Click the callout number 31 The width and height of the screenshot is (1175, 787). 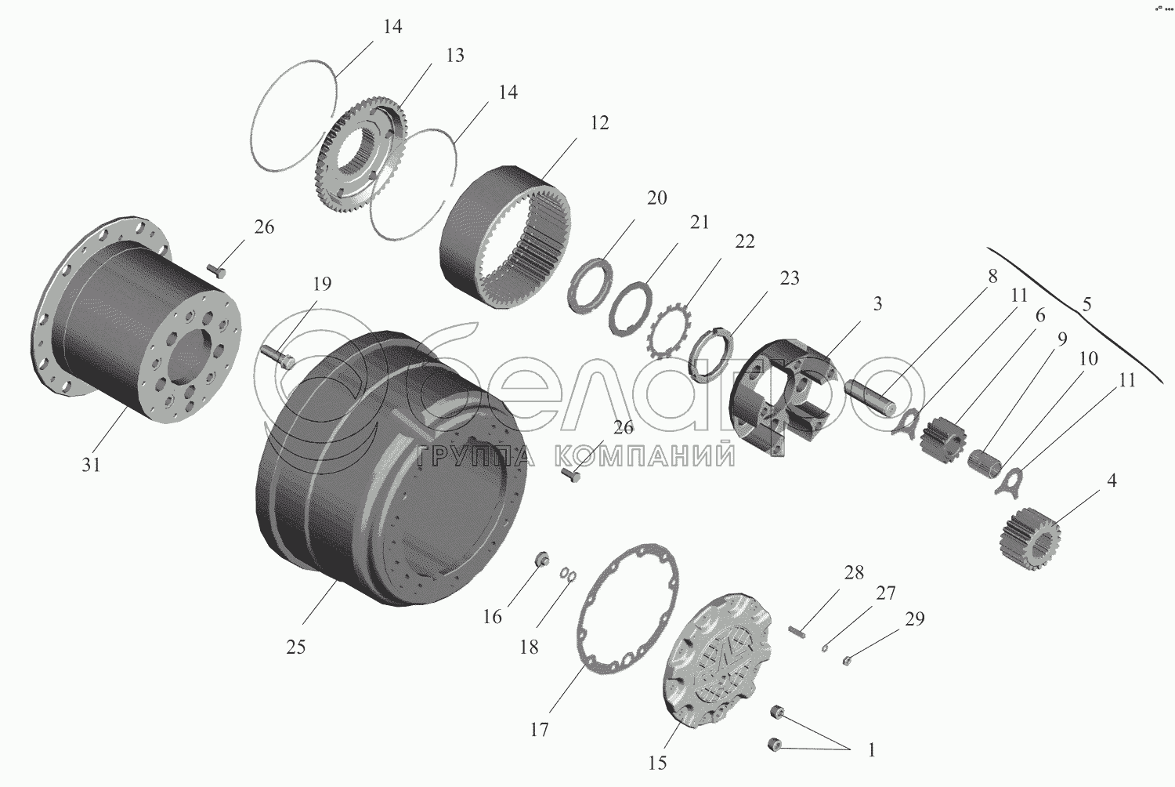point(91,465)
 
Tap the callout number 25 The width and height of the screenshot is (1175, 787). point(296,647)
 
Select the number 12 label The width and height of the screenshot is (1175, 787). point(599,123)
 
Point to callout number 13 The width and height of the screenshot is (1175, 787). point(455,55)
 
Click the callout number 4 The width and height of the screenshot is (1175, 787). point(1112,481)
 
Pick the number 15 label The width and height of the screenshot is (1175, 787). point(657,763)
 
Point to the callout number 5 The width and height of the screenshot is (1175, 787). point(1087,304)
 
